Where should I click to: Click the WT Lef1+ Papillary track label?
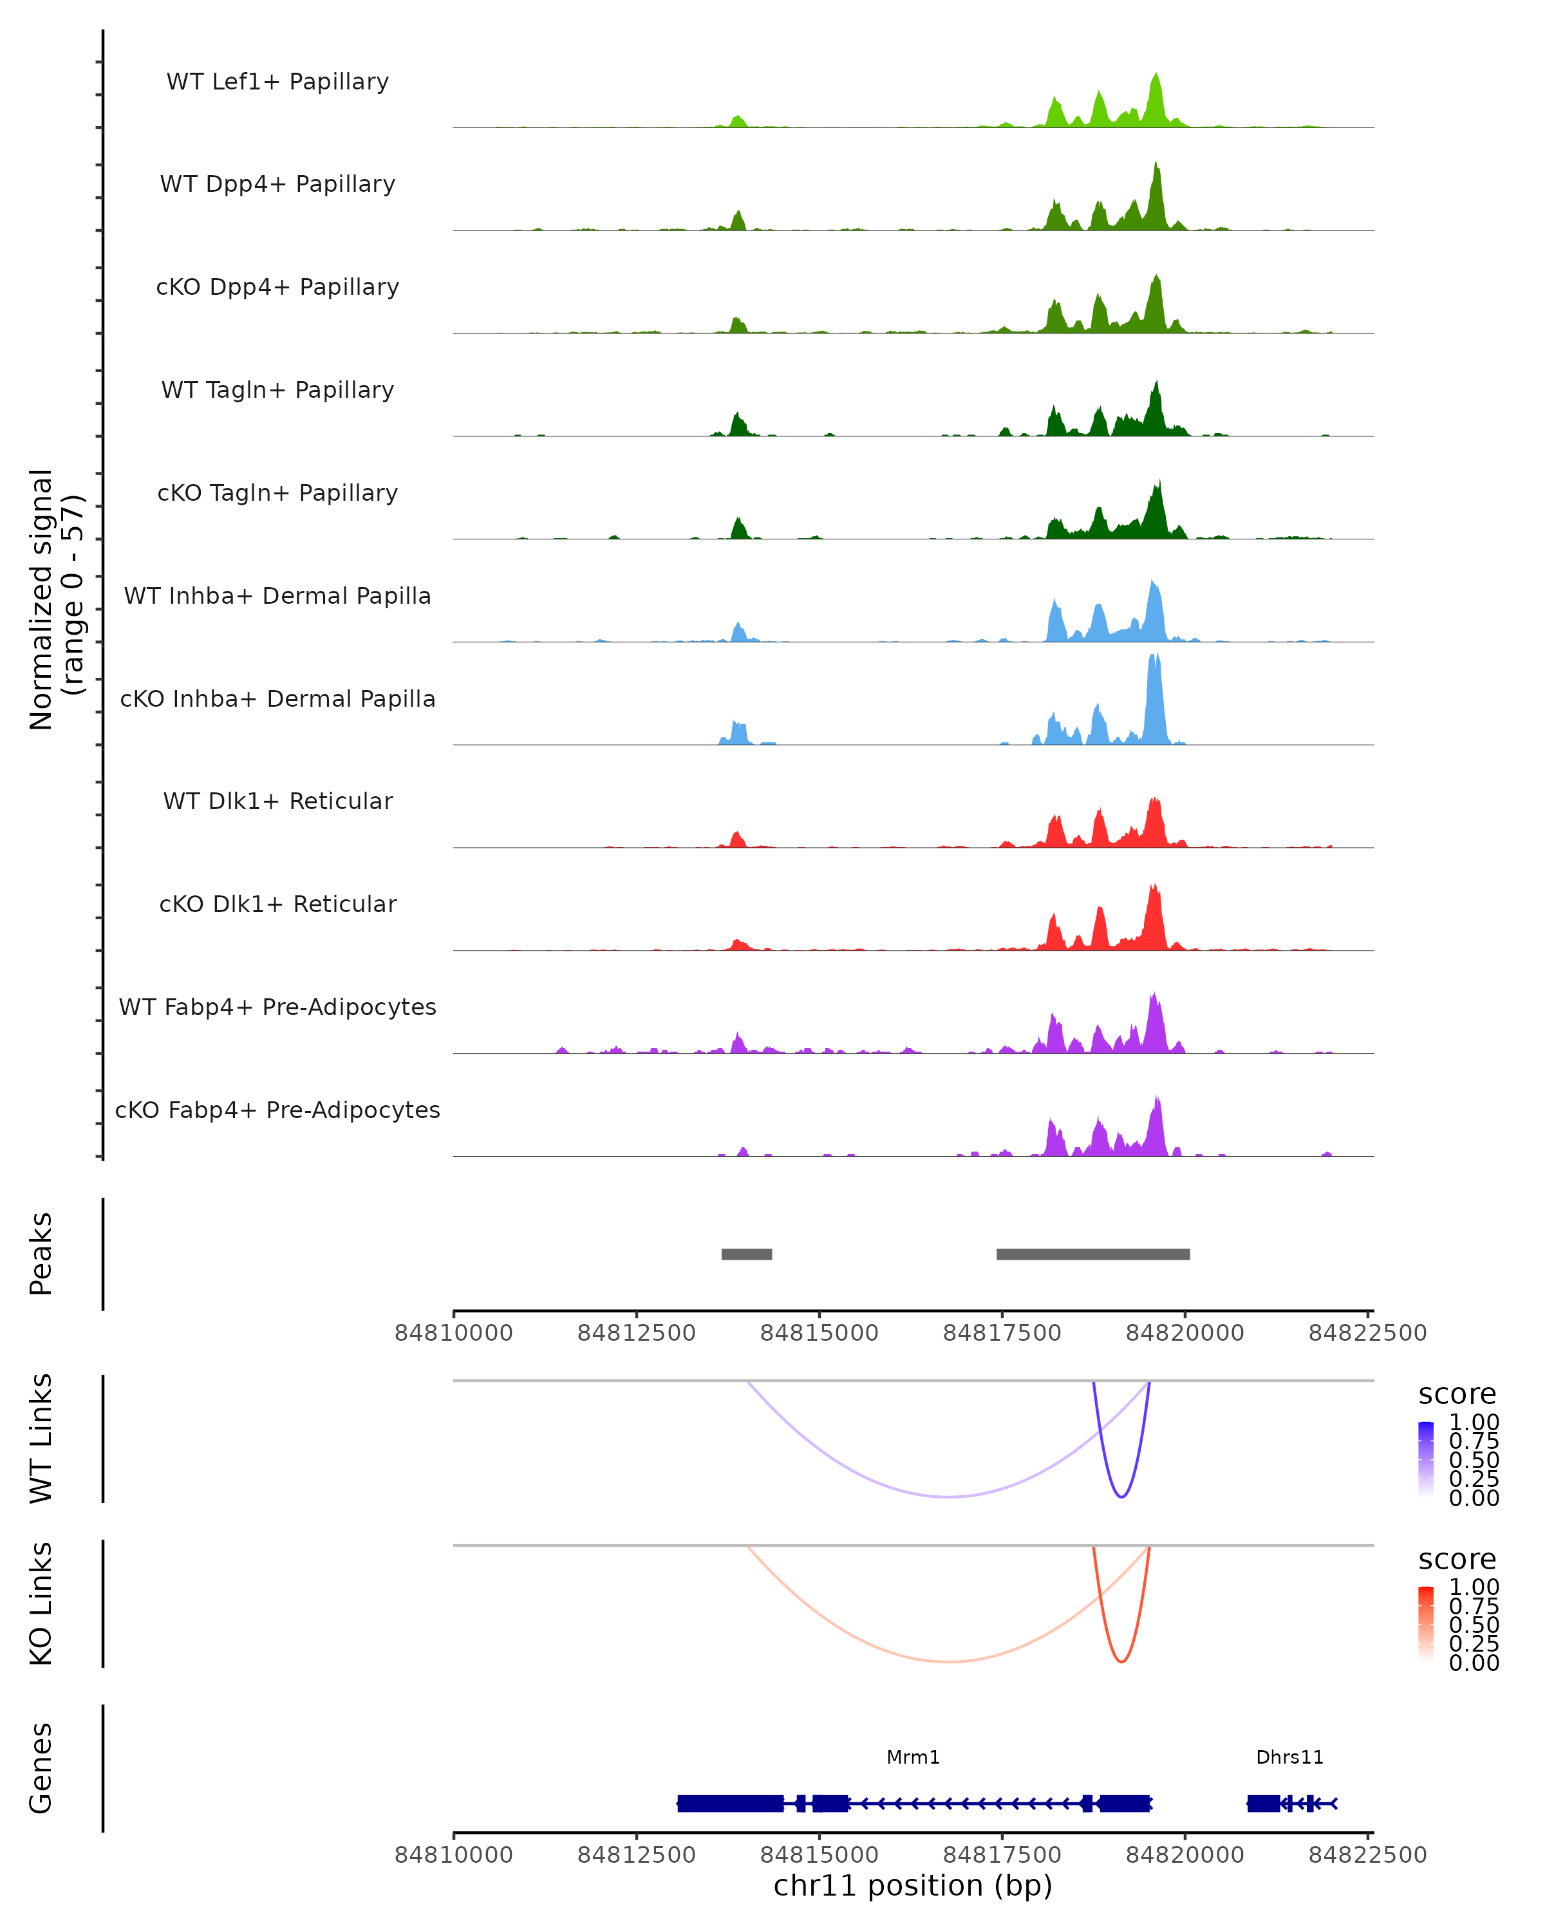click(277, 82)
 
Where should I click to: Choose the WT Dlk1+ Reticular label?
click(277, 801)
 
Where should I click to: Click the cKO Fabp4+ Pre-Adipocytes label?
click(277, 1110)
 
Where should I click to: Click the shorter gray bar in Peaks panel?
click(746, 1254)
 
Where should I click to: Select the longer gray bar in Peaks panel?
click(1092, 1254)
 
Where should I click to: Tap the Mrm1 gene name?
click(913, 1757)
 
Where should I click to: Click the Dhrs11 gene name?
click(1289, 1757)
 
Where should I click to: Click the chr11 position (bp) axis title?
click(913, 1885)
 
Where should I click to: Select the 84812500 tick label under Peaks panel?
click(636, 1333)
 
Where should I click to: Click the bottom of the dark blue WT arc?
click(1121, 1497)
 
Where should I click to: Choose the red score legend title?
click(1456, 1560)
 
